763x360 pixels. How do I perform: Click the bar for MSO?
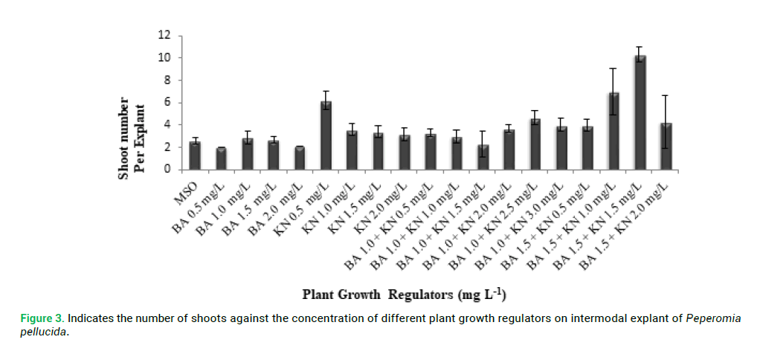point(195,155)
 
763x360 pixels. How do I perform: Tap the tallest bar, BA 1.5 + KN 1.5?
point(640,112)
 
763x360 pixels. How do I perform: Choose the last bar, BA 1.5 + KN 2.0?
point(666,147)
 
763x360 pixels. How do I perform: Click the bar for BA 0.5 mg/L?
point(221,158)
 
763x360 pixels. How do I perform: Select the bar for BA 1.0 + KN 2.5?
point(535,144)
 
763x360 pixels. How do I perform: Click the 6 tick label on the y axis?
point(167,103)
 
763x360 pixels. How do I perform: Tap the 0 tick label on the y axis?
point(167,170)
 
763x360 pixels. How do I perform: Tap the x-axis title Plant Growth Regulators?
point(404,294)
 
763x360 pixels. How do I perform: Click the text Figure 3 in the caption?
point(42,319)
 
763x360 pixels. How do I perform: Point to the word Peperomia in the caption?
point(713,319)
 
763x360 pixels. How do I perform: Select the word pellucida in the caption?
point(43,332)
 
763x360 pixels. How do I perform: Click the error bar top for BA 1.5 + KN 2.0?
point(666,95)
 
